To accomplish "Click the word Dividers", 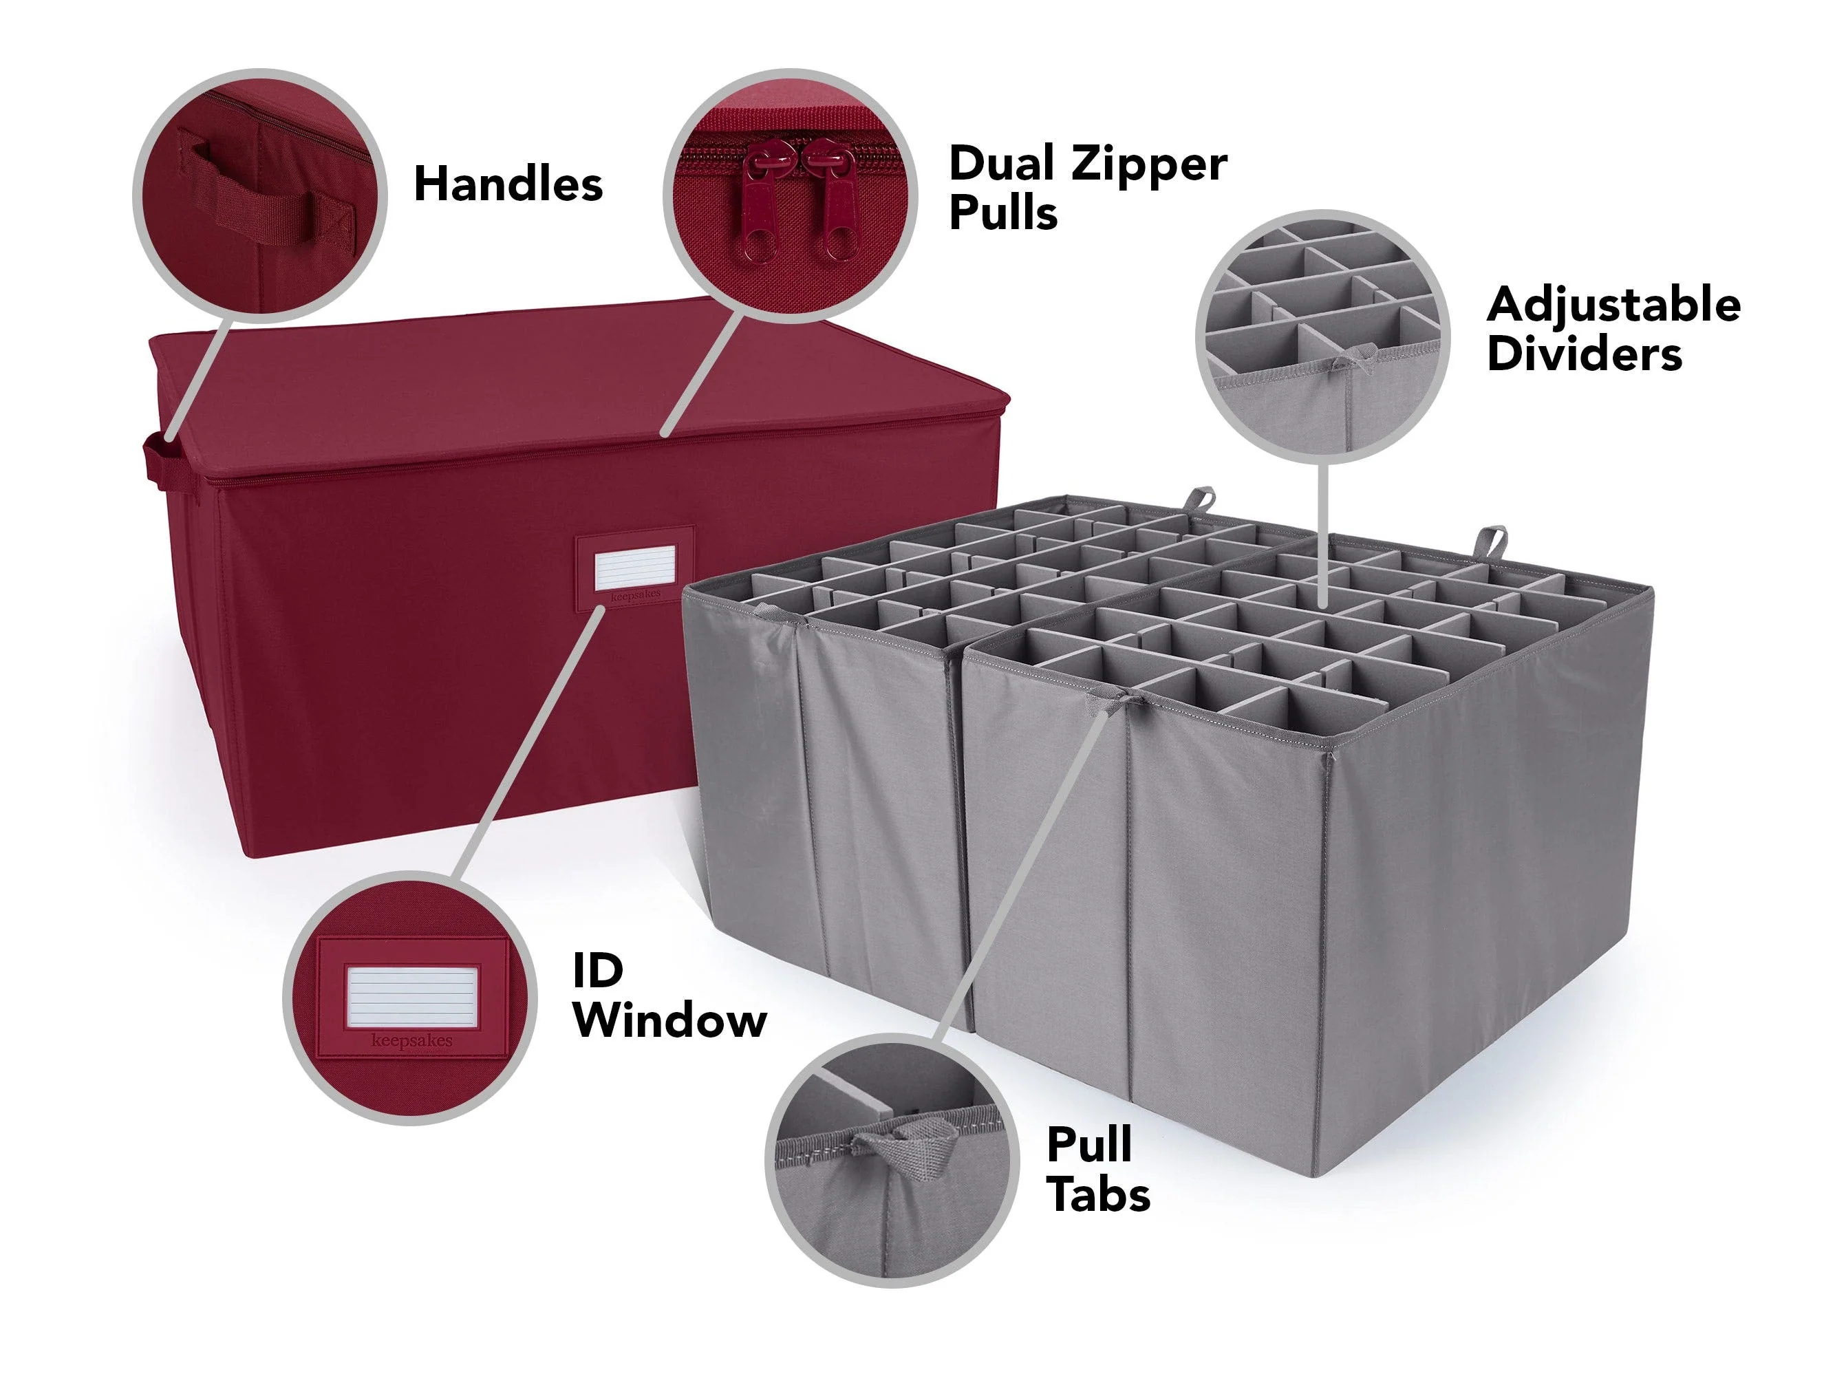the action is coord(1585,354).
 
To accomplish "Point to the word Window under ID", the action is coord(669,1020).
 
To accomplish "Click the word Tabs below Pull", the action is coord(1098,1194).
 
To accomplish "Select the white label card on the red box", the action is coord(634,569).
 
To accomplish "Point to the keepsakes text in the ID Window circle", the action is coord(412,1040).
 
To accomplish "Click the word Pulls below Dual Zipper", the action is coord(1003,213).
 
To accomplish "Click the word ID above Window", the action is coord(597,969).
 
